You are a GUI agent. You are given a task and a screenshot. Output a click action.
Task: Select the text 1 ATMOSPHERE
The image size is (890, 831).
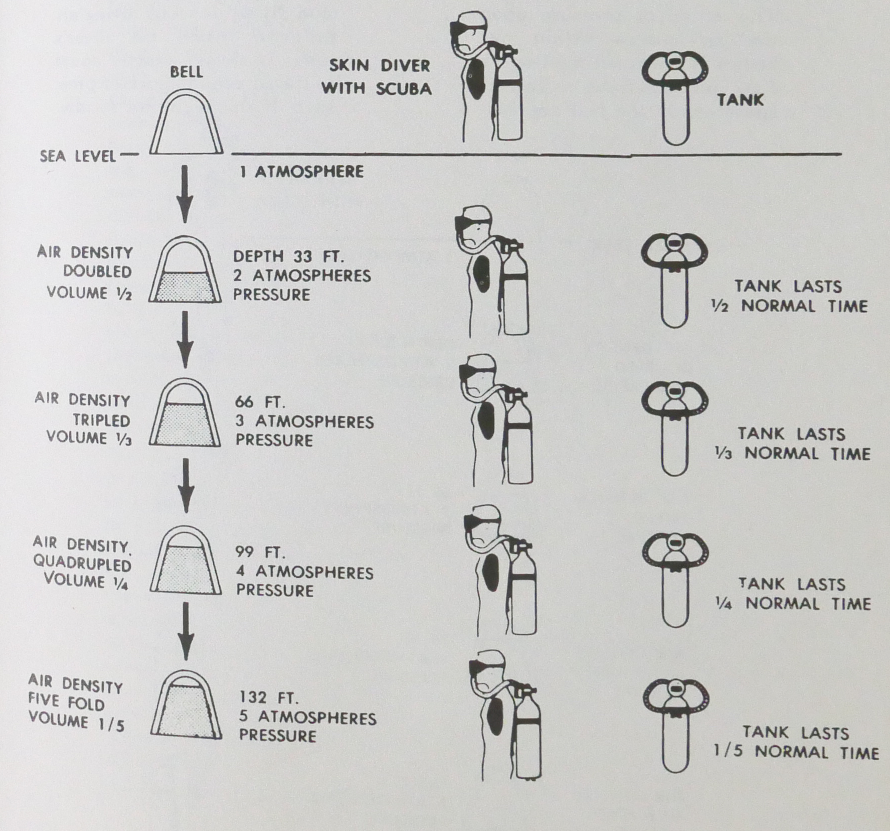point(301,172)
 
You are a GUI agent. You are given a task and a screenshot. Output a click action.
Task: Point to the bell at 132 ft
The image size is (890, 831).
point(186,705)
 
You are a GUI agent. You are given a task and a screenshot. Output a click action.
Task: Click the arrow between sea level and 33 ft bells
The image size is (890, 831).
point(185,194)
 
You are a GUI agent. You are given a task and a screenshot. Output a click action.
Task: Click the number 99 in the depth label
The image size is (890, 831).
point(245,552)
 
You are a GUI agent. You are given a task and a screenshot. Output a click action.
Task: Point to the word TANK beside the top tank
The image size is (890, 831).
point(740,100)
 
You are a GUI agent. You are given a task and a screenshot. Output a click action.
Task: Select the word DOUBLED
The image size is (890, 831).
point(98,272)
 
